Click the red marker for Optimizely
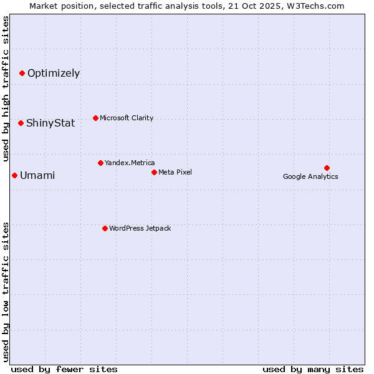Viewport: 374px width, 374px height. (22, 74)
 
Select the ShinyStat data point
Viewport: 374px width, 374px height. (21, 123)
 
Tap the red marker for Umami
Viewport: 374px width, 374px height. (14, 175)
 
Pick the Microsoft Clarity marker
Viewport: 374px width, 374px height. (95, 118)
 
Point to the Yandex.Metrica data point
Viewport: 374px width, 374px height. (100, 163)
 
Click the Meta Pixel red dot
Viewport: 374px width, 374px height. (154, 172)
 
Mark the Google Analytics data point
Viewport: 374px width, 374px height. (327, 168)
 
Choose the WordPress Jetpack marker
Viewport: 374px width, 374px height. (105, 228)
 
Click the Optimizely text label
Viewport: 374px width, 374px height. (54, 74)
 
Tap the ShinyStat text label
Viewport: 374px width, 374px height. (50, 123)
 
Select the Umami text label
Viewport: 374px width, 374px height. (37, 176)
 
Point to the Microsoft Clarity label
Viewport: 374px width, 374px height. (127, 118)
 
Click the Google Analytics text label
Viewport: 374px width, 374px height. (310, 176)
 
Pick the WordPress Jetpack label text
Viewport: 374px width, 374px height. (140, 228)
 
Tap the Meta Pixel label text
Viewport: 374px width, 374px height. (175, 172)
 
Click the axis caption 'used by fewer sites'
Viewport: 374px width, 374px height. (64, 369)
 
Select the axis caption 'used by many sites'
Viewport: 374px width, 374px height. (313, 369)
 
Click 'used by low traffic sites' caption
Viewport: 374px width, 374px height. (6, 291)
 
